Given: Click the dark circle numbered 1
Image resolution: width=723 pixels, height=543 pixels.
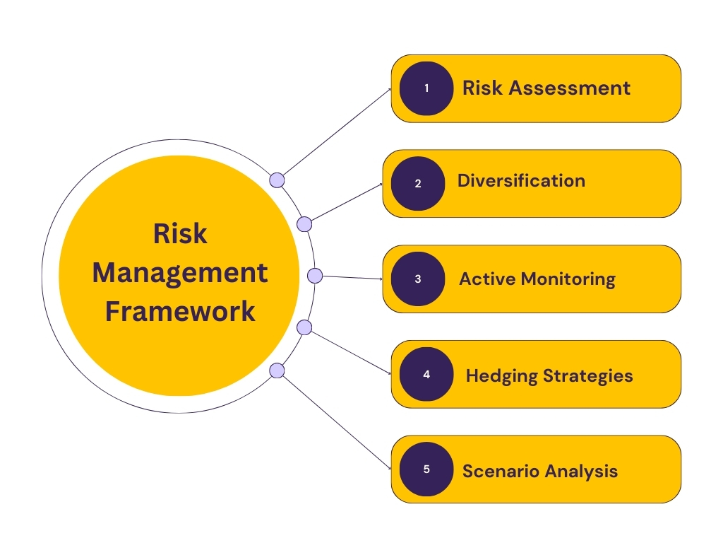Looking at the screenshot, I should click(x=426, y=88).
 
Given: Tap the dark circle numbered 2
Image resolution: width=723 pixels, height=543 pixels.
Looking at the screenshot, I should click(x=418, y=184).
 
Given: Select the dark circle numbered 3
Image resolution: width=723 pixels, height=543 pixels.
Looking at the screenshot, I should click(x=418, y=279).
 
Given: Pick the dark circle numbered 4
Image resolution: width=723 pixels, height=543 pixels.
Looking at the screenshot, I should click(x=426, y=374).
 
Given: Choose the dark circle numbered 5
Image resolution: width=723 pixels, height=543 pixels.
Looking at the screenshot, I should click(x=426, y=469).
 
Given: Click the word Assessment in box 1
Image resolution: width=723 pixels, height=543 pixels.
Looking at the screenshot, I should click(x=569, y=88).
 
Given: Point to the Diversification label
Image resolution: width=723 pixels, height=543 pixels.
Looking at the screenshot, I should click(x=521, y=180).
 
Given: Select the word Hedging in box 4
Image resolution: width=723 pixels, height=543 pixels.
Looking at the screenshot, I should click(x=501, y=375).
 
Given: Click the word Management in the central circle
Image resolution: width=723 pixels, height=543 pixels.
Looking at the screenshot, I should click(x=180, y=272).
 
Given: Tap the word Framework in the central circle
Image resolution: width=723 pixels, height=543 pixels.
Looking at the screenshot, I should click(x=180, y=311).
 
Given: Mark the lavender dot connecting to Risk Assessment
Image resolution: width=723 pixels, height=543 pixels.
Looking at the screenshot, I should click(x=277, y=180).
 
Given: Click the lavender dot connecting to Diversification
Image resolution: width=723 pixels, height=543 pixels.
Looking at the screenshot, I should click(x=304, y=224).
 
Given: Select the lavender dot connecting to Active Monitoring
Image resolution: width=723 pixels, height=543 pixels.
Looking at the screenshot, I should click(x=315, y=275).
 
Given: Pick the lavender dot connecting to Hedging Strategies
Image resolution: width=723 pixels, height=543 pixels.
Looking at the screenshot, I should click(x=304, y=327).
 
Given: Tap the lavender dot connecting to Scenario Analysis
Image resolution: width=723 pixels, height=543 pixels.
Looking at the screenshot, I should click(x=277, y=370).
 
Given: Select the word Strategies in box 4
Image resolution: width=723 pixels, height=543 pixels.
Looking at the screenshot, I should click(x=587, y=375).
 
